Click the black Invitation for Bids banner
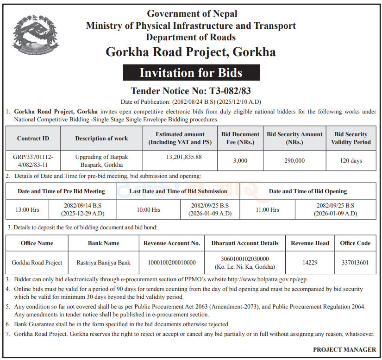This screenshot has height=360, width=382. (191, 73)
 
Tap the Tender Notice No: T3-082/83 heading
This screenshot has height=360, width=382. (191, 90)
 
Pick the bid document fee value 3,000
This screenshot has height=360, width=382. (240, 161)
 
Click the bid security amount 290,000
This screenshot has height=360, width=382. (294, 161)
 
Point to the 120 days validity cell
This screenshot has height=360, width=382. (351, 161)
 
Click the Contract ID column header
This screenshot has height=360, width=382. (33, 138)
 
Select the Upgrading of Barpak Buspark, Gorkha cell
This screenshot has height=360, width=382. (101, 161)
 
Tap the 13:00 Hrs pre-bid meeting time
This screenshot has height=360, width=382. (27, 210)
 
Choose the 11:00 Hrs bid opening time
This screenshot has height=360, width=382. (268, 210)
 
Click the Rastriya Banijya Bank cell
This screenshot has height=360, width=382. (103, 263)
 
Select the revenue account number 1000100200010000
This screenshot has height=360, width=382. (171, 263)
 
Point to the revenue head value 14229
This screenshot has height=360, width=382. (310, 263)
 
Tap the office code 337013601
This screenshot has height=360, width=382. (355, 263)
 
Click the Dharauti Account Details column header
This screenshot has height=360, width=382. (245, 243)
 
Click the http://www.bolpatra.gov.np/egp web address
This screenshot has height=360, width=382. (268, 279)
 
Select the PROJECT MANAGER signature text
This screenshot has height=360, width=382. (344, 350)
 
